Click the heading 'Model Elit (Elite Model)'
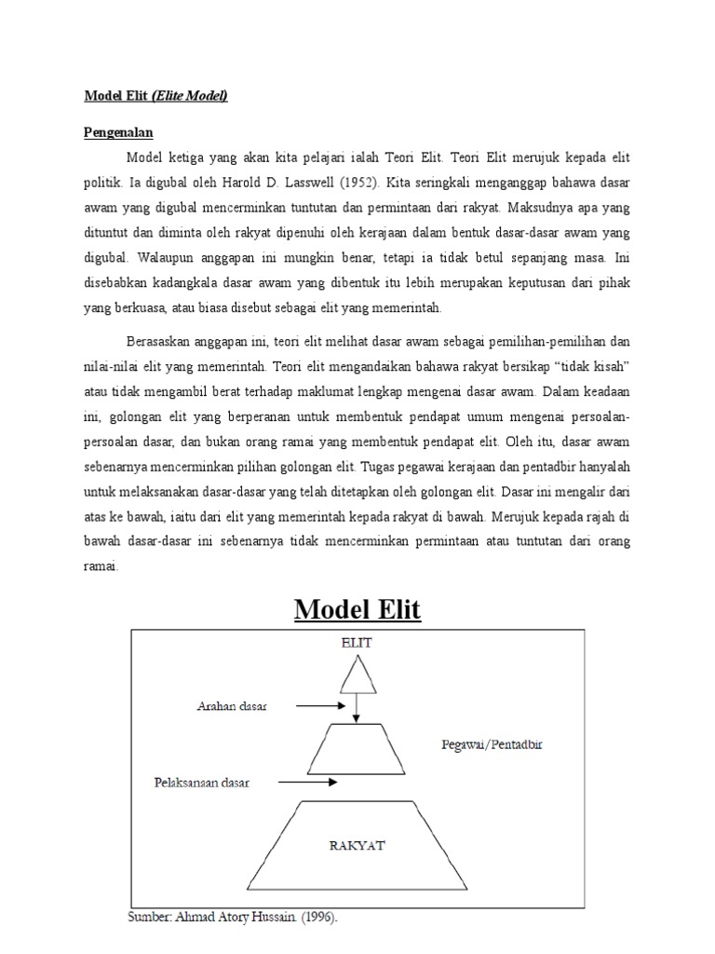(156, 95)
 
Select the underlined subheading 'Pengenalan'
(119, 133)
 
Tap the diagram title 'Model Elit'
(357, 611)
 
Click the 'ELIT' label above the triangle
(357, 643)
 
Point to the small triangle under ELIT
(357, 674)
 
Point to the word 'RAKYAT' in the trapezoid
(357, 846)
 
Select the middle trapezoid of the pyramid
(357, 755)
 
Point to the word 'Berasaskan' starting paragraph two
(160, 343)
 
